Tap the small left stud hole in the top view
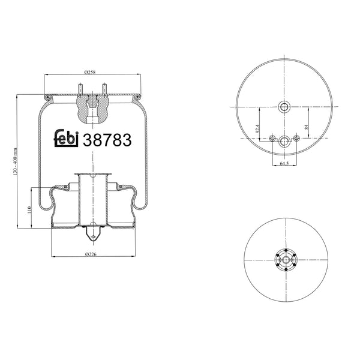pos(273,139)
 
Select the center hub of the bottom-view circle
pos(286,259)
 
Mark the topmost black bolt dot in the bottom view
pos(286,249)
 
